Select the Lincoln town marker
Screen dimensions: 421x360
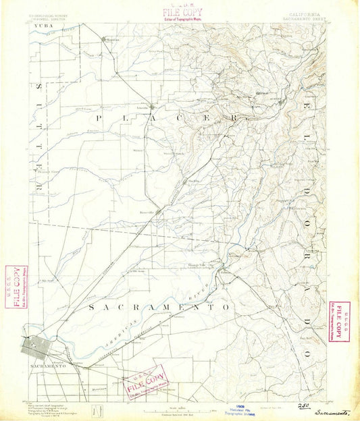pos(153,106)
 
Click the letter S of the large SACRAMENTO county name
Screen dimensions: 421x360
pos(93,307)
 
